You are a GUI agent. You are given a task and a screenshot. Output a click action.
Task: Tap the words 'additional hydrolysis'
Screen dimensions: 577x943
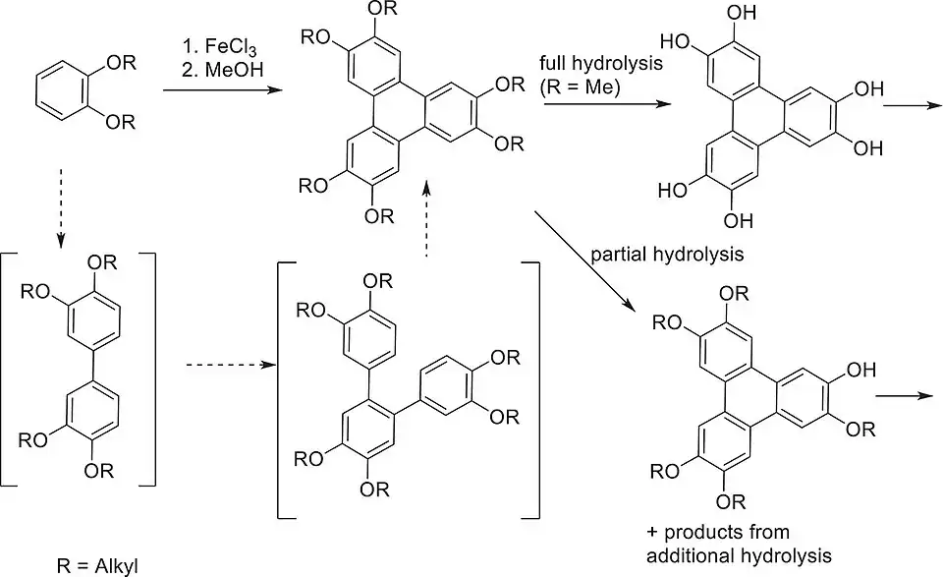(x=733, y=552)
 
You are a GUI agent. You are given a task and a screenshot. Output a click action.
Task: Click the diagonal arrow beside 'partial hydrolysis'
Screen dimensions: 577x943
(x=585, y=260)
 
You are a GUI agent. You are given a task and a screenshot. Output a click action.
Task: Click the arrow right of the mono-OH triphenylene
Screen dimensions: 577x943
(x=903, y=396)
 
